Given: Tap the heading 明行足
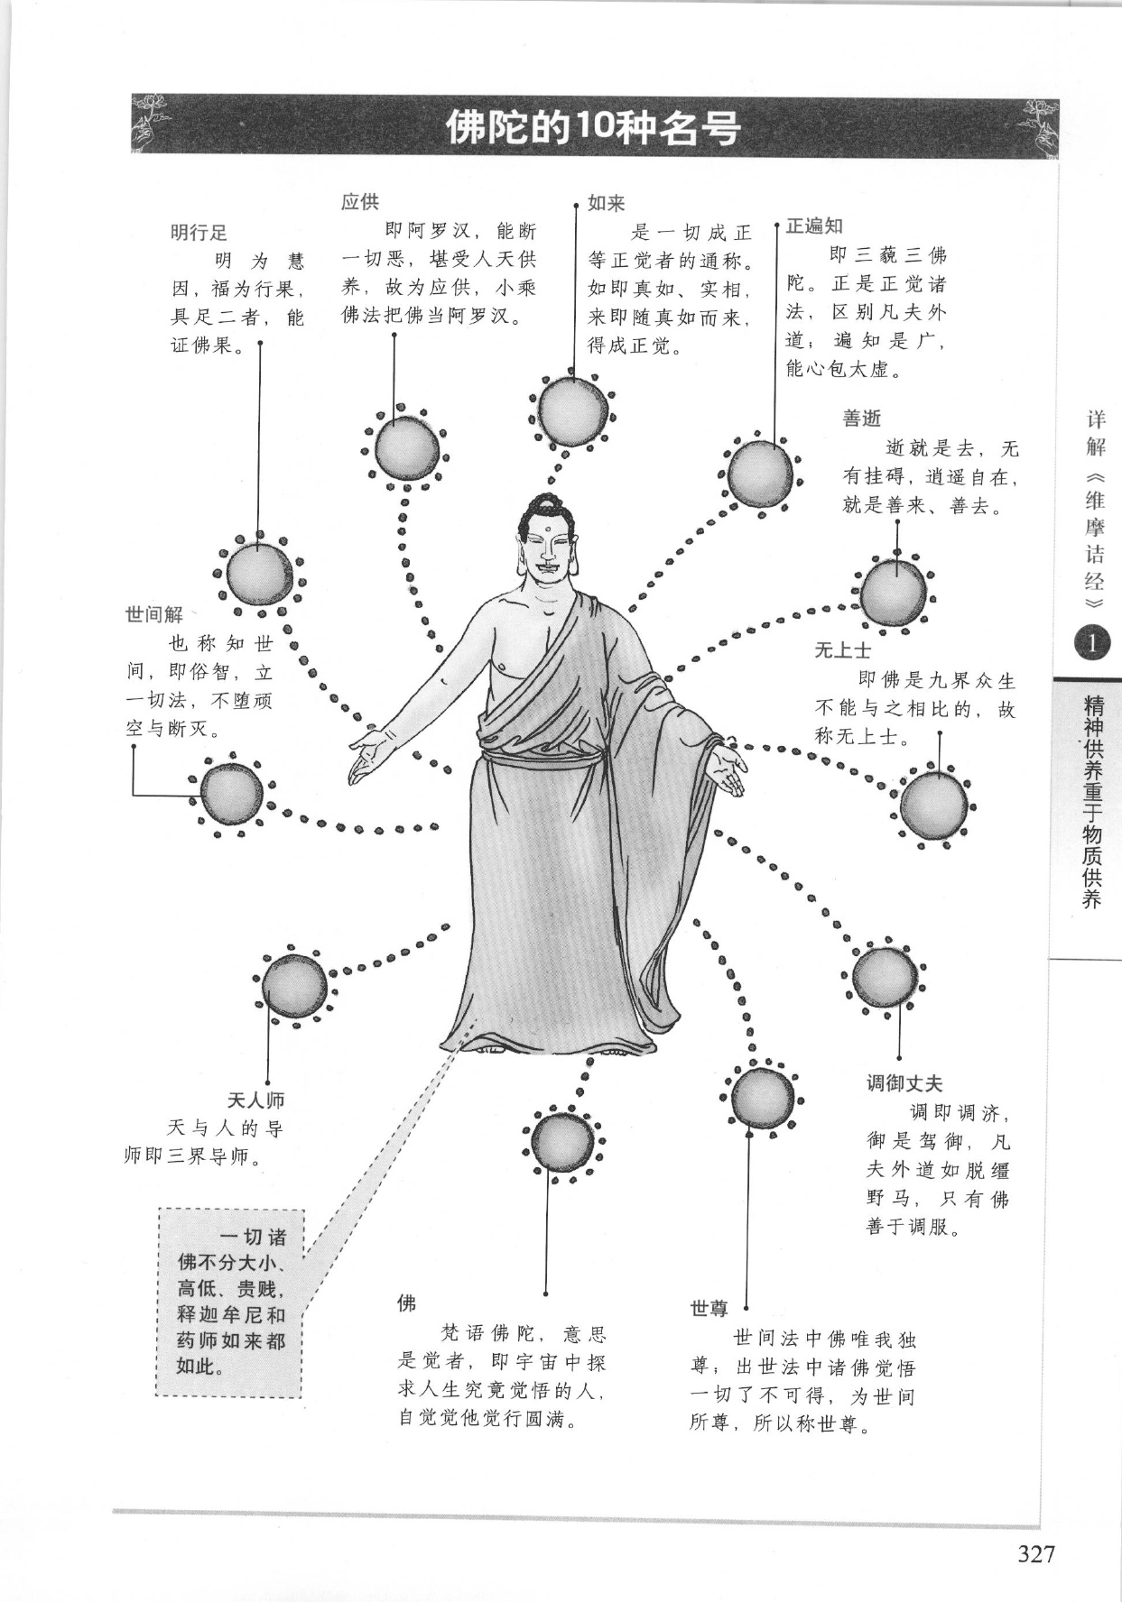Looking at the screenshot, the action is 199,233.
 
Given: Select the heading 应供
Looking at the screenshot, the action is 360,201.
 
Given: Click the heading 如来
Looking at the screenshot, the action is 606,203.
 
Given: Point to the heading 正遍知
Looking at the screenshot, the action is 814,226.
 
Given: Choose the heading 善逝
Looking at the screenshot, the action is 861,419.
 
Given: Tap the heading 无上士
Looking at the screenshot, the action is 843,649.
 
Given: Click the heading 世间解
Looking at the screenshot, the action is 154,614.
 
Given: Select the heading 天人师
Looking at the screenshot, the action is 255,1100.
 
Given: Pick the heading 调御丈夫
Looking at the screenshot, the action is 904,1083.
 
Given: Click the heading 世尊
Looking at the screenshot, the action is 709,1308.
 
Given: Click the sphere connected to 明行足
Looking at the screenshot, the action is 259,575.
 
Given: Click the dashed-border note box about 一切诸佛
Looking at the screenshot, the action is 230,1303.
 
